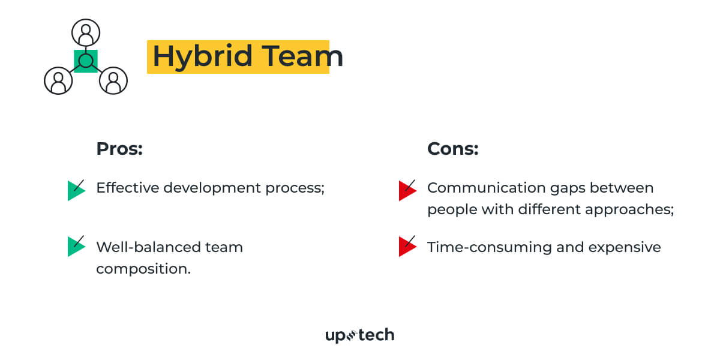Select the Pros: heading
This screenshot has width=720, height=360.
[x=119, y=149]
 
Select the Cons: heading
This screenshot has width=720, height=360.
[x=452, y=149]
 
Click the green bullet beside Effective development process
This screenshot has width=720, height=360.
[x=76, y=190]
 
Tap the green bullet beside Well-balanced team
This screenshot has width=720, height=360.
[x=76, y=246]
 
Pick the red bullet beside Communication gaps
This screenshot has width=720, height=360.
[x=407, y=190]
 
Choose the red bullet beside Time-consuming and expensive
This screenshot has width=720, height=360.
[x=407, y=246]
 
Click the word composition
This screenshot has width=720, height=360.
[x=143, y=269]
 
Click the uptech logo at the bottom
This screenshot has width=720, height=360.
[x=359, y=335]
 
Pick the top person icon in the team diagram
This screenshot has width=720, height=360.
[x=86, y=32]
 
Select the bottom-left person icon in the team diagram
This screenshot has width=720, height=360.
[x=58, y=80]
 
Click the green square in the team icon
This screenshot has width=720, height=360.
[x=86, y=61]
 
